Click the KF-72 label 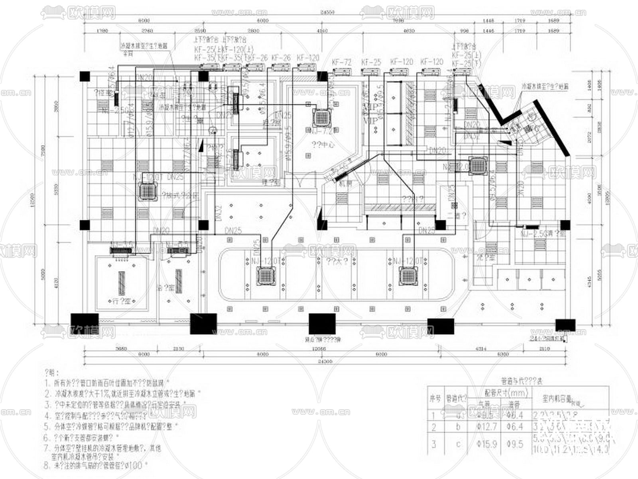pyautogui.click(x=342, y=62)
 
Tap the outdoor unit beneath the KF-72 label pyautogui.click(x=342, y=72)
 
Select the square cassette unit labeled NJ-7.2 pyautogui.click(x=321, y=117)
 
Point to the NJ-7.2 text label pyautogui.click(x=321, y=131)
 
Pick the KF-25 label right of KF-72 pyautogui.click(x=371, y=62)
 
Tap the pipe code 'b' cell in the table pyautogui.click(x=458, y=427)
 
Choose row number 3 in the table pyautogui.click(x=434, y=444)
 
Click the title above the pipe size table pyautogui.click(x=518, y=381)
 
